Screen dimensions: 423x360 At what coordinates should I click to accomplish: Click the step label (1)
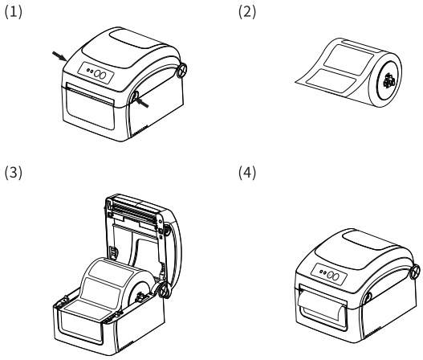tap(13, 12)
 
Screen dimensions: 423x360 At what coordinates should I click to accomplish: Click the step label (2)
tap(247, 12)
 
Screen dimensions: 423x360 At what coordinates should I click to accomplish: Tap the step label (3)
tap(13, 173)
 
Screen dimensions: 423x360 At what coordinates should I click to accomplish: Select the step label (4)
tap(247, 173)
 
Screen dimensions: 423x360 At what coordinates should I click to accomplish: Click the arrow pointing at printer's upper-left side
tap(59, 56)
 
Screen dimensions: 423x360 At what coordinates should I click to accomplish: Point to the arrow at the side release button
tap(142, 103)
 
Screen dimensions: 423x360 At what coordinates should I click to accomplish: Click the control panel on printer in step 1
tap(96, 73)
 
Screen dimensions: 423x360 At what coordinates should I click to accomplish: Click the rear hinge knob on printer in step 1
tap(182, 70)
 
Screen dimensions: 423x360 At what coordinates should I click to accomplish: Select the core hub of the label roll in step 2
tap(388, 80)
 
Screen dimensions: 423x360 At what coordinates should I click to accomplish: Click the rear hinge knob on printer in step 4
tap(415, 272)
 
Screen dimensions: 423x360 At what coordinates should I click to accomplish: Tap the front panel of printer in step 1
tap(89, 106)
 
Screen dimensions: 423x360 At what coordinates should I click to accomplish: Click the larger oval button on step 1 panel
tap(103, 75)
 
